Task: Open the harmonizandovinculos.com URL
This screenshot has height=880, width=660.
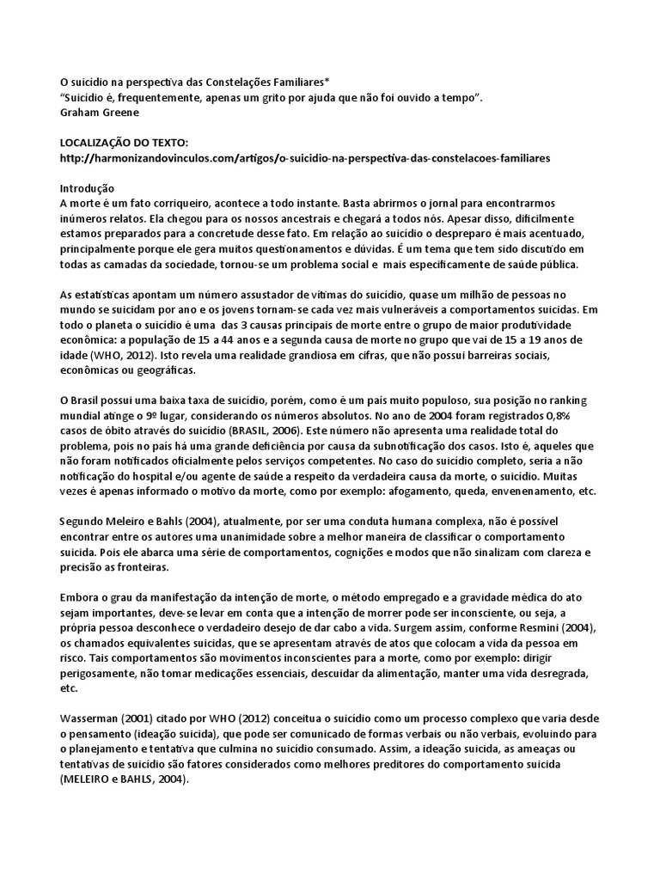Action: point(305,158)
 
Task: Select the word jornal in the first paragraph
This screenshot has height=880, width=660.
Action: point(476,205)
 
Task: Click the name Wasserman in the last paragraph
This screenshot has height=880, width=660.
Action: point(93,718)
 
